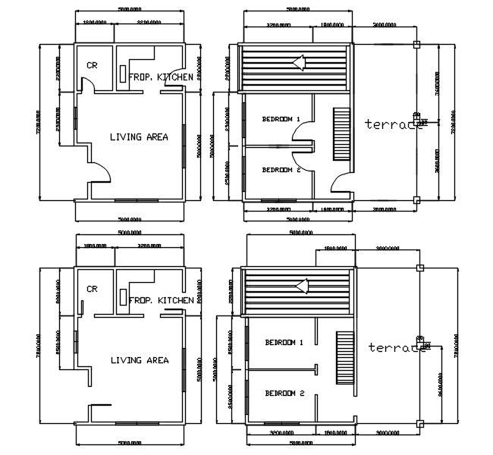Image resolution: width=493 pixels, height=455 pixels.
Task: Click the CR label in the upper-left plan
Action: point(92,65)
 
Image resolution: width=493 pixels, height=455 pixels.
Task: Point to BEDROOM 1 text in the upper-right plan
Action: point(281,119)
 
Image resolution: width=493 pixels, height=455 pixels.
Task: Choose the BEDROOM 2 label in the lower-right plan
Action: point(284,394)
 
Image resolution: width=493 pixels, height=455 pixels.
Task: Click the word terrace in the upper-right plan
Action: point(392,124)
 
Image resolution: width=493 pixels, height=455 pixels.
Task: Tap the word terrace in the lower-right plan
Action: point(396,347)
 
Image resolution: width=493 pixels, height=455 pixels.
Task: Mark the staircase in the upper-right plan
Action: point(341,133)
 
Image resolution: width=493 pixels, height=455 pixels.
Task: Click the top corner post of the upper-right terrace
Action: point(416,43)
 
